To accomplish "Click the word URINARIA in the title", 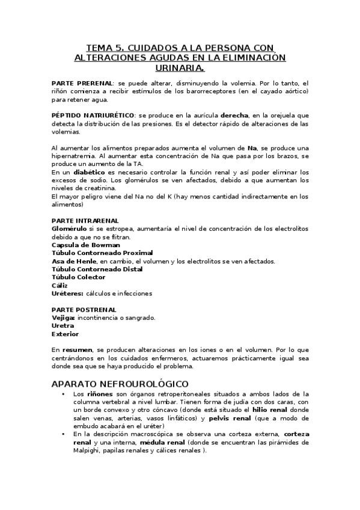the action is point(180,69).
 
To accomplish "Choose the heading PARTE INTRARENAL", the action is point(85,221).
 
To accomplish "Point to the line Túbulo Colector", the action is point(78,277).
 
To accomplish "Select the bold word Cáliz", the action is point(60,286).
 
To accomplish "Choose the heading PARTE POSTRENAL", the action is point(84,309).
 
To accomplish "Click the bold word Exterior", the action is point(65,334).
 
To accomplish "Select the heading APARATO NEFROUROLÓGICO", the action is point(120,383).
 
